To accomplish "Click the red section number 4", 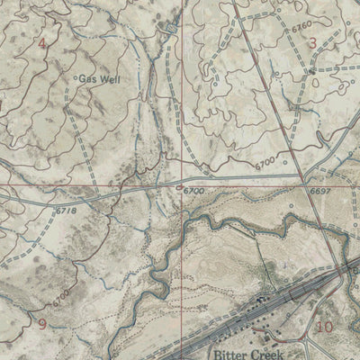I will pyautogui.click(x=41, y=42).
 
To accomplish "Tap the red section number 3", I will pyautogui.click(x=312, y=42).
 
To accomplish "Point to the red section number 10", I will pyautogui.click(x=325, y=326).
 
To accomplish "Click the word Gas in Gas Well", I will pyautogui.click(x=87, y=79).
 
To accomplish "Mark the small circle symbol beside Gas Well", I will pyautogui.click(x=73, y=79).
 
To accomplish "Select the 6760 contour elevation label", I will pyautogui.click(x=301, y=24).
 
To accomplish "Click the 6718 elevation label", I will pyautogui.click(x=66, y=210).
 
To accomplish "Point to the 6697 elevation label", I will pyautogui.click(x=319, y=192).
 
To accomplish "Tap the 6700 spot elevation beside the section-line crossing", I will pyautogui.click(x=193, y=192).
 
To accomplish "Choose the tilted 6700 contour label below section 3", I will pyautogui.click(x=265, y=162).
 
